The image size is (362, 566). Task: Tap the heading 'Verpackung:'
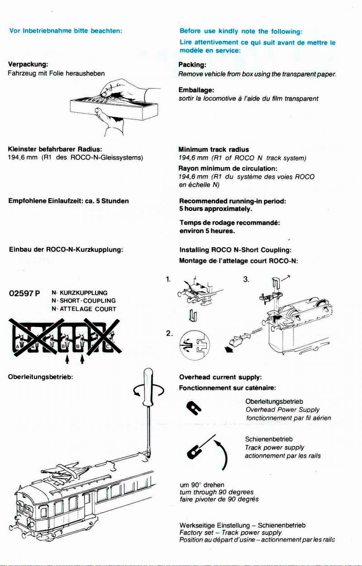[28, 64]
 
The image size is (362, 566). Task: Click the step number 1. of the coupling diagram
[168, 280]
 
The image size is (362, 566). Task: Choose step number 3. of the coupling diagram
[246, 280]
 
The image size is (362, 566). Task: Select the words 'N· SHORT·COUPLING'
[84, 301]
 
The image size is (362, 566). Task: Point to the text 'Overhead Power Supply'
[283, 410]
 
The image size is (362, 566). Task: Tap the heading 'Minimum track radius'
[214, 149]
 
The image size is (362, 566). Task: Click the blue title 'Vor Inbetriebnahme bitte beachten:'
[66, 31]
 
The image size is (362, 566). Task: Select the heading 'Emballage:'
[195, 90]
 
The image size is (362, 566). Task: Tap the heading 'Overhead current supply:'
[221, 377]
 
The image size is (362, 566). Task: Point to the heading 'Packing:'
[192, 65]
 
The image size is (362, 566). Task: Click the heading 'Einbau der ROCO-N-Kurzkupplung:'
[66, 249]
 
